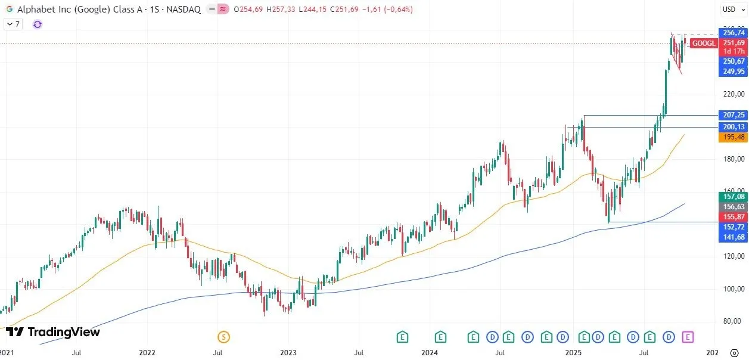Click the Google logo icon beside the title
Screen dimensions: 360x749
[x=9, y=10]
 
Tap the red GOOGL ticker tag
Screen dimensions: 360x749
[x=704, y=44]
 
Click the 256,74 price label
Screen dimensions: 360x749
[x=734, y=33]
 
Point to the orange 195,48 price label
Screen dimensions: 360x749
[x=734, y=137]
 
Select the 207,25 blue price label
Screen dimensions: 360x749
[x=734, y=114]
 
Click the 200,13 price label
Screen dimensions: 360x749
[x=734, y=127]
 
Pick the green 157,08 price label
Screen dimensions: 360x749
[x=734, y=197]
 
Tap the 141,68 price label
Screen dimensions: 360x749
[x=734, y=237]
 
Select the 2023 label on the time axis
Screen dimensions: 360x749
[x=288, y=353]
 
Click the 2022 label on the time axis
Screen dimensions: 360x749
[x=147, y=353]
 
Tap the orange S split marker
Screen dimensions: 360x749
[x=223, y=337]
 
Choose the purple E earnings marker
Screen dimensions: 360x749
[x=688, y=337]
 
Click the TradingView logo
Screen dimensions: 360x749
[x=54, y=333]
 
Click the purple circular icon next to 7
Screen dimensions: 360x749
[x=38, y=24]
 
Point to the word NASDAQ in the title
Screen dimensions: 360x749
[x=184, y=10]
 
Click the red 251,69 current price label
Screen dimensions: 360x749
[x=734, y=43]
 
